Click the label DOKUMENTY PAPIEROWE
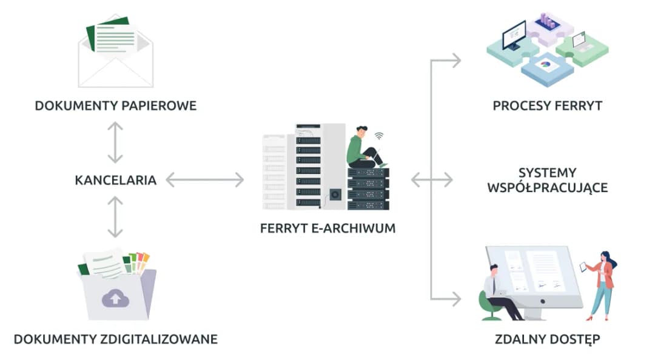(115, 105)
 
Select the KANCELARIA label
(115, 180)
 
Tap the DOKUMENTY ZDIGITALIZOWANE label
(115, 338)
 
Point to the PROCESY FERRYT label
(547, 105)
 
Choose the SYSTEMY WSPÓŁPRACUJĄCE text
(547, 180)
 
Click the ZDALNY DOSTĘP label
(547, 338)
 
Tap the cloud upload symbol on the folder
(115, 298)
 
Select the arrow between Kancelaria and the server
(204, 180)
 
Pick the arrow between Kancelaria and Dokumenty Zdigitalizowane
(115, 216)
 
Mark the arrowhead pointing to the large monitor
(455, 298)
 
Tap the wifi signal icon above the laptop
(379, 136)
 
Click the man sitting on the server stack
(364, 148)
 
